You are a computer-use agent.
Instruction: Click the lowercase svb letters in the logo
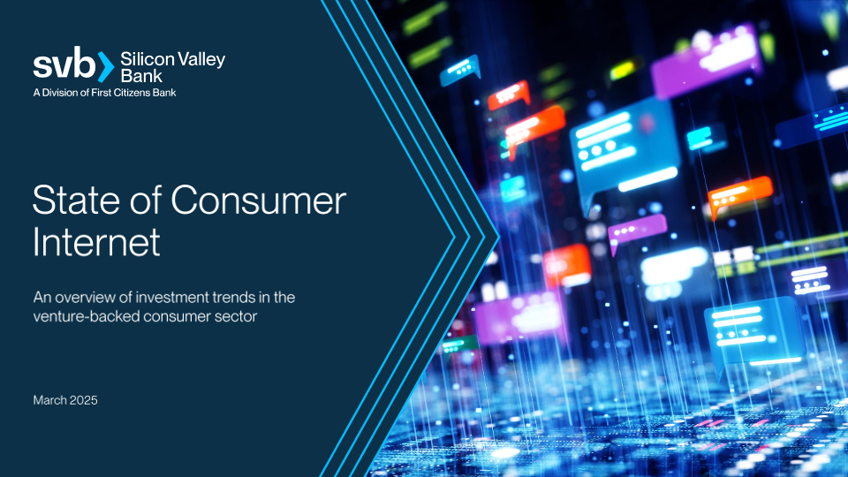[x=64, y=64]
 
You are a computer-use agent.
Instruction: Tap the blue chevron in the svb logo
[x=106, y=66]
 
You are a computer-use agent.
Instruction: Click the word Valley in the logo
[x=201, y=59]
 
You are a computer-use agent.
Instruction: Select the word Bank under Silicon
[x=140, y=76]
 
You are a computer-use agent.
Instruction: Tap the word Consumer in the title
[x=259, y=201]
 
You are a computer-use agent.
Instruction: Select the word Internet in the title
[x=96, y=241]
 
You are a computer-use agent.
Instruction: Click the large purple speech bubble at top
[x=706, y=61]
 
